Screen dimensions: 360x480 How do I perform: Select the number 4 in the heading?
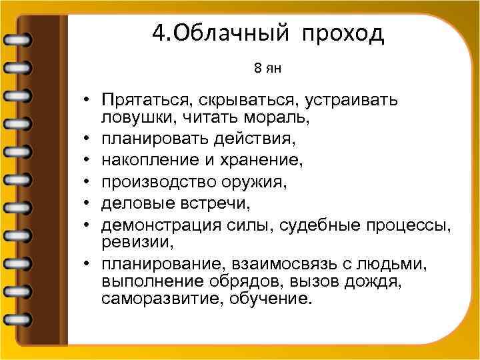point(157,33)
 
